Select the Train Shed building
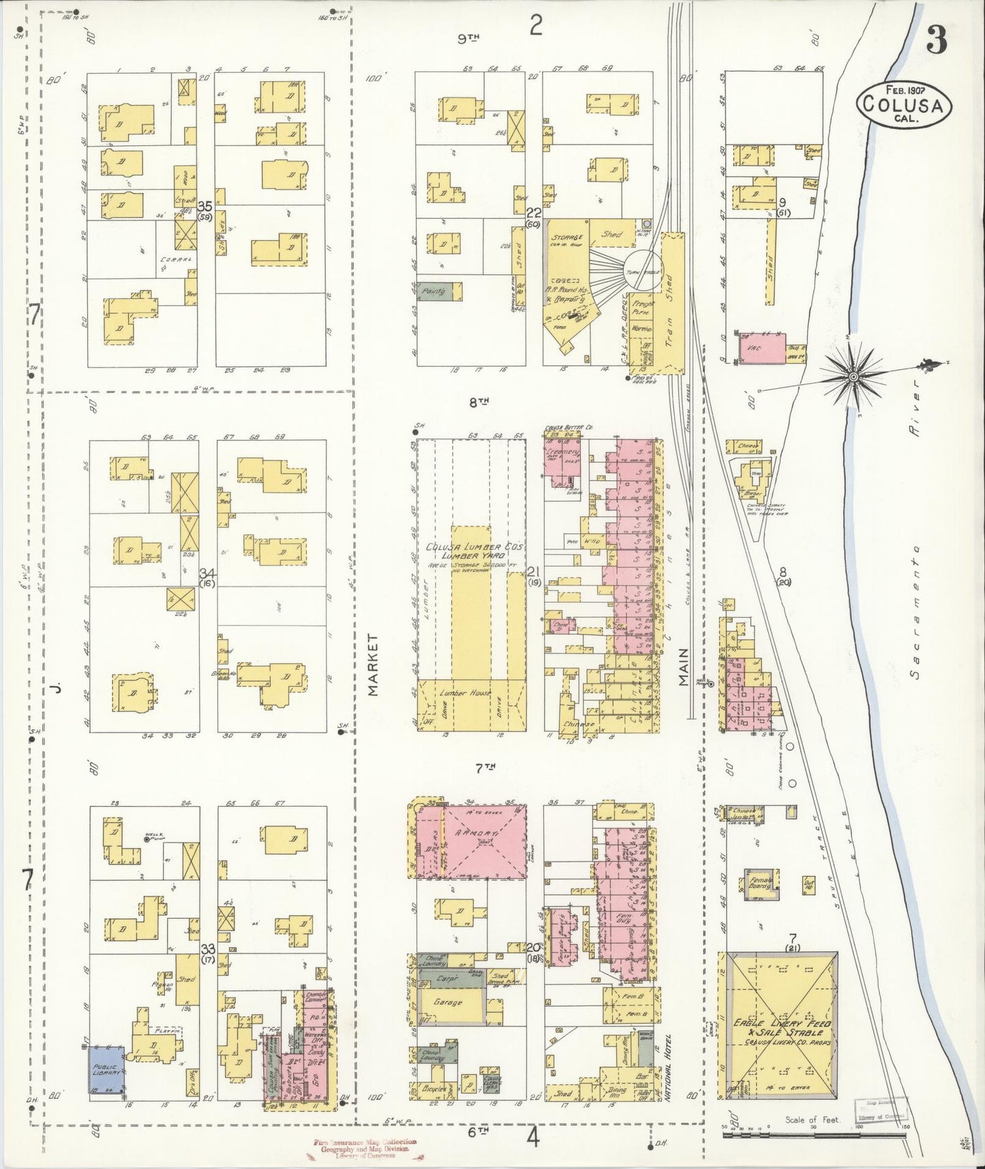(671, 300)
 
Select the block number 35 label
(204, 205)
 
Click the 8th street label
(480, 402)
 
